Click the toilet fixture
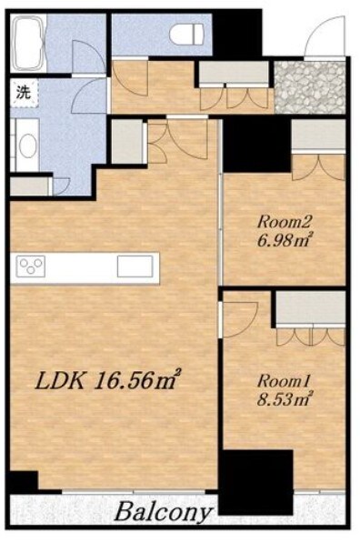[186, 34]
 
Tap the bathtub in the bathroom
[27, 43]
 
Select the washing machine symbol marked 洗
[24, 93]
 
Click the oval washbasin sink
[27, 146]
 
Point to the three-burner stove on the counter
[31, 266]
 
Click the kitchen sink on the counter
[135, 266]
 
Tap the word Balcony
[163, 511]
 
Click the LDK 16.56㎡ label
[108, 380]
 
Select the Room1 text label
[283, 381]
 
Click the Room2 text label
[285, 222]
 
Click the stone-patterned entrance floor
[310, 87]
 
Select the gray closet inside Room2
[318, 136]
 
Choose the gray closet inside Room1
[311, 307]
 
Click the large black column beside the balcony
[255, 482]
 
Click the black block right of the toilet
[237, 33]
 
